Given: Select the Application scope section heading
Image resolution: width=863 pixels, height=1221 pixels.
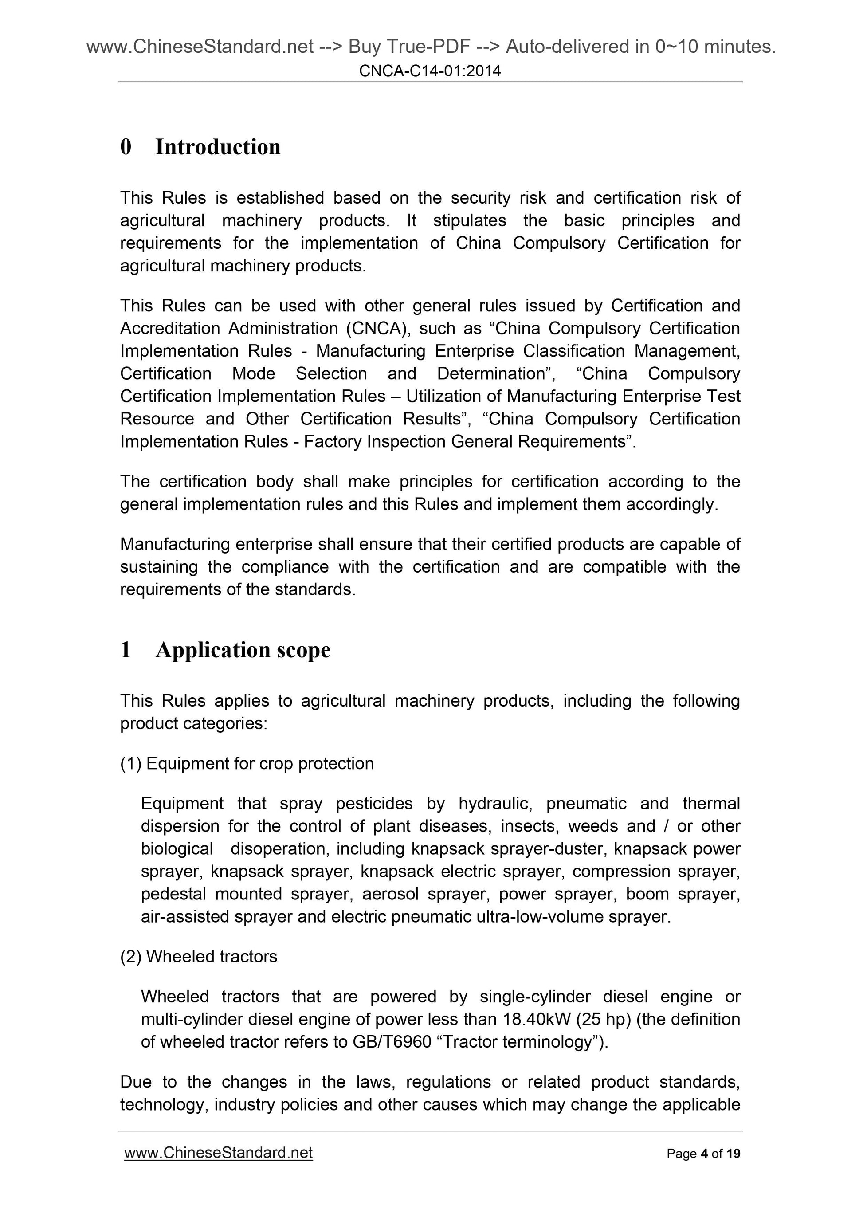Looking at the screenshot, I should [243, 650].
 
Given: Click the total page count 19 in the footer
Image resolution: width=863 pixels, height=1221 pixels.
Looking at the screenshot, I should [733, 1154].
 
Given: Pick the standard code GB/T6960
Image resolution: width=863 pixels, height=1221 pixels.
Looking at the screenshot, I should [392, 1041].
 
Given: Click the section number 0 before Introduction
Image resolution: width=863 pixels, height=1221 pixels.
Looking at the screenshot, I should [126, 147].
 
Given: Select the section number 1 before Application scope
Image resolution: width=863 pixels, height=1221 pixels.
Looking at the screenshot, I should [126, 650].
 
